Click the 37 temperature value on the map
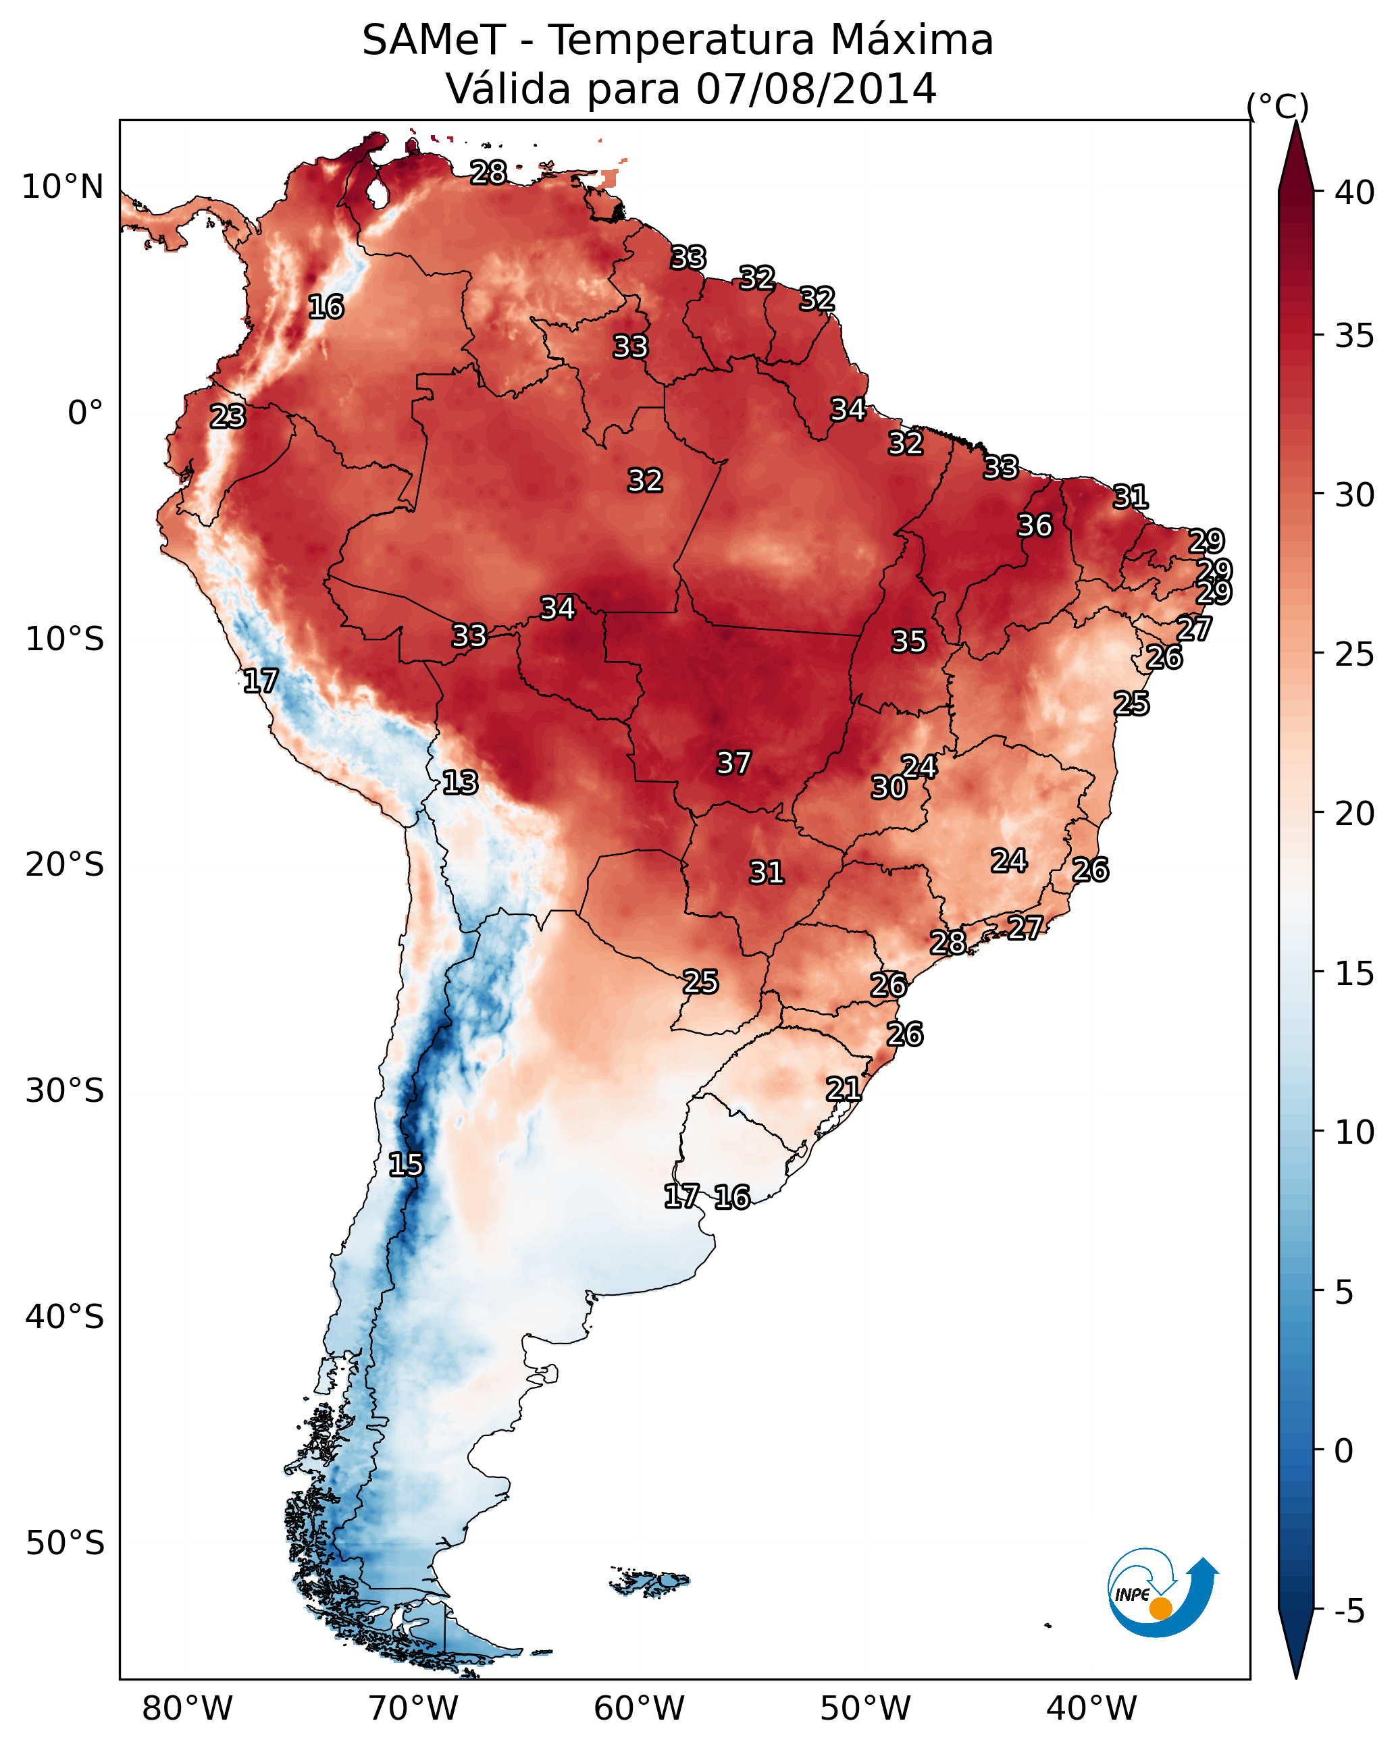[733, 763]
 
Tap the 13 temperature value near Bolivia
[459, 783]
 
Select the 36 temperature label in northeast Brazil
[1035, 525]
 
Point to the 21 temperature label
[843, 1089]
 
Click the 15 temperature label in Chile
[405, 1165]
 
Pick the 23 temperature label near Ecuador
[227, 417]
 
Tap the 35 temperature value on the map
[908, 641]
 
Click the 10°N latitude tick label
[62, 187]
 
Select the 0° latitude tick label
[86, 413]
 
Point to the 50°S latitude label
[65, 1543]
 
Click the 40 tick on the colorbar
[1354, 192]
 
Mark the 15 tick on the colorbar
[1354, 974]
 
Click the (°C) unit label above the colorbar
[1278, 106]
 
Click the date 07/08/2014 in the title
[816, 88]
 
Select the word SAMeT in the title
[434, 40]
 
